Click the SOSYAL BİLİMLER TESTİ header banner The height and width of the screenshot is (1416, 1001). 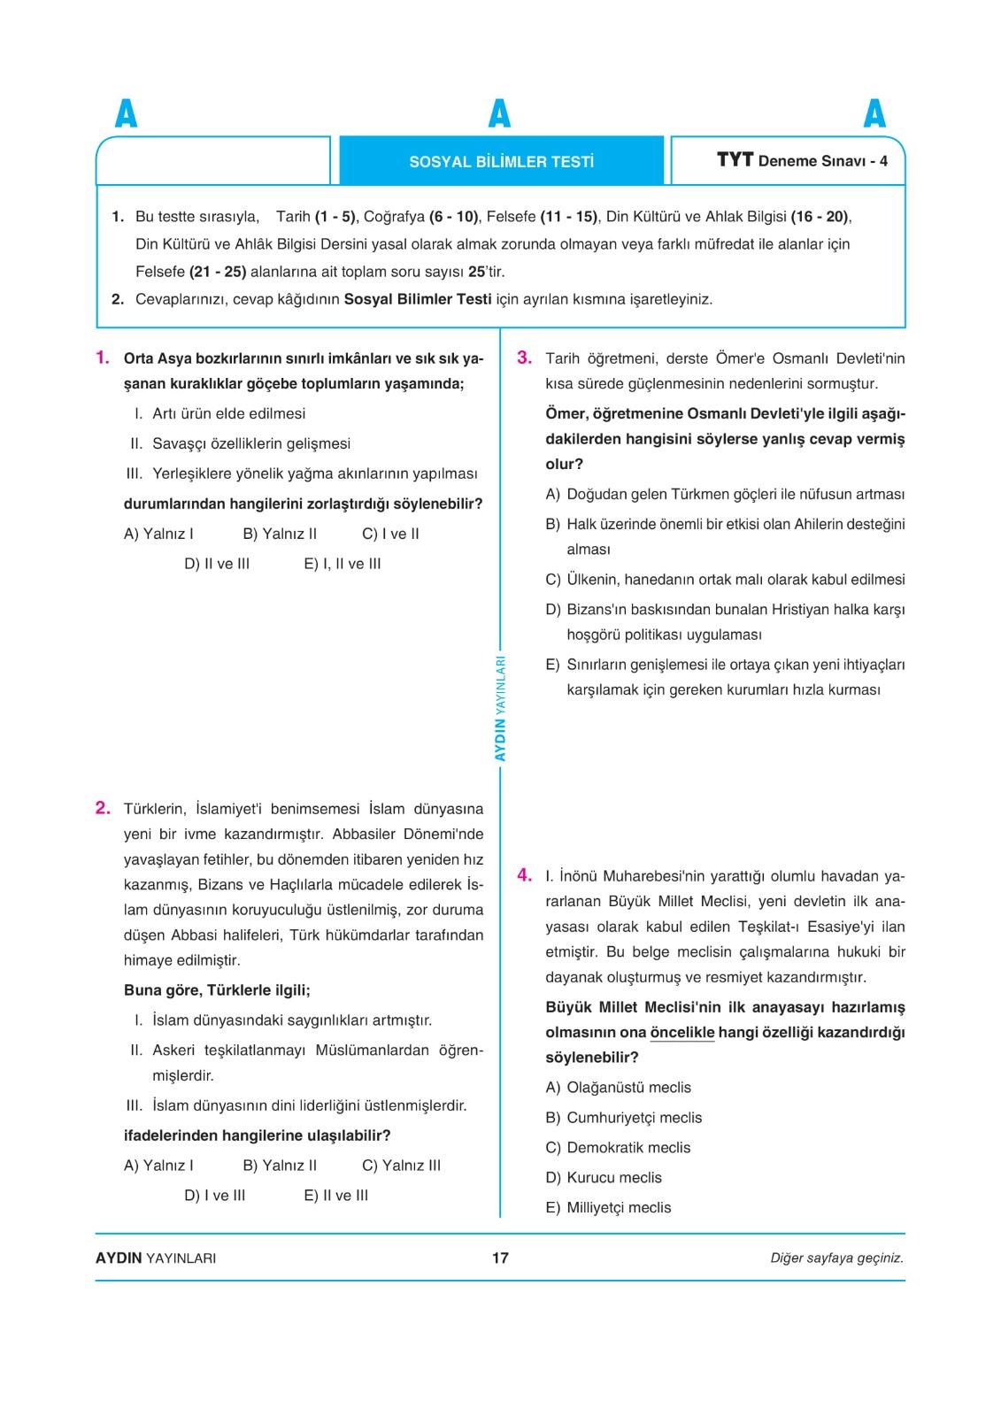(x=501, y=162)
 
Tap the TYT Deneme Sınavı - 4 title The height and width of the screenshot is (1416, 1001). (x=802, y=160)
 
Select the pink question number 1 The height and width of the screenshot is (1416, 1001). (x=103, y=358)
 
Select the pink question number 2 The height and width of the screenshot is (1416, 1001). (x=103, y=807)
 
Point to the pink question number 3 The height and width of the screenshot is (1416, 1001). (x=524, y=358)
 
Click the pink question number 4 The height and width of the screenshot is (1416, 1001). (x=524, y=875)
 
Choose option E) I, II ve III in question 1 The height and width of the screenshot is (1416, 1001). (x=343, y=564)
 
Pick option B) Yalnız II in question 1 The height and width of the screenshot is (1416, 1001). (x=280, y=534)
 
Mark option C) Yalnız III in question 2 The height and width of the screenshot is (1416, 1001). (x=401, y=1166)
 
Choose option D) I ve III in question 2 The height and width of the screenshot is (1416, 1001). (x=215, y=1196)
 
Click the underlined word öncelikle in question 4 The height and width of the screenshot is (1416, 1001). (x=682, y=1033)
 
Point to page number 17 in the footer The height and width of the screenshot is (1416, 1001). (x=500, y=1258)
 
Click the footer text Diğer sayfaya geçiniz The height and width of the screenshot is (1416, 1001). (x=836, y=1258)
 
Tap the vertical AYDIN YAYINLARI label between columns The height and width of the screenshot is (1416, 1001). (x=500, y=708)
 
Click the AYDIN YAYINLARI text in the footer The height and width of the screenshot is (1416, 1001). (x=156, y=1258)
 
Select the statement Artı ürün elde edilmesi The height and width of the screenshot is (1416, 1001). (x=228, y=413)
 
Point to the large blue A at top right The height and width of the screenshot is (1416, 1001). (x=874, y=114)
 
